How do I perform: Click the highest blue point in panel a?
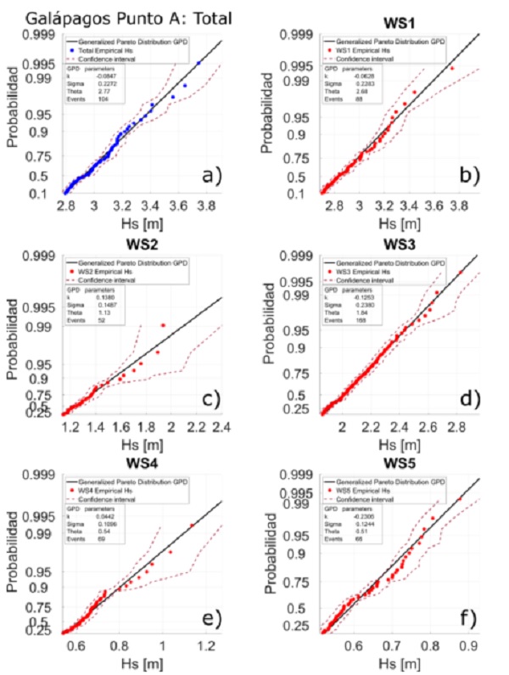[x=199, y=63]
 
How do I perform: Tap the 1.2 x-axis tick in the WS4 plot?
[x=204, y=647]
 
